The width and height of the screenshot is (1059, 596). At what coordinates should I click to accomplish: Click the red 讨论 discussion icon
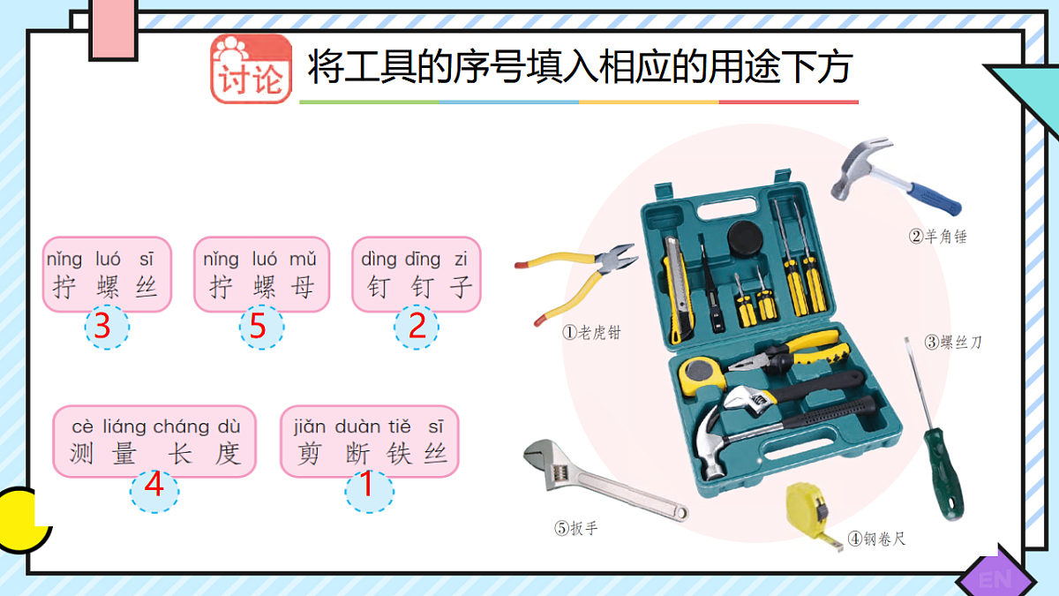pos(251,69)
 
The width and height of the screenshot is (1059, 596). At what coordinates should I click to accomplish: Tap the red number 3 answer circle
pos(106,327)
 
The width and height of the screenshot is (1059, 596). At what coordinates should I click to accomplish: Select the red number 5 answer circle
pos(260,327)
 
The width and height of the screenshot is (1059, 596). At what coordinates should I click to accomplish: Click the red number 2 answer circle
pos(417,327)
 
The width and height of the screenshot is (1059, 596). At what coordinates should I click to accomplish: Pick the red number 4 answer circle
pos(154,486)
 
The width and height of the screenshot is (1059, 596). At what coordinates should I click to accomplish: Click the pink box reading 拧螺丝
pos(107,274)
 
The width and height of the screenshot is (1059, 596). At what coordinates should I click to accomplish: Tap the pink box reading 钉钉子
pos(416,274)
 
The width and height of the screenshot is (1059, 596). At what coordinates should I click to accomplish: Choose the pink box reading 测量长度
pos(154,441)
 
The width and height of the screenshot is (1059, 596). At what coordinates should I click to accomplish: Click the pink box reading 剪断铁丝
pos(369,441)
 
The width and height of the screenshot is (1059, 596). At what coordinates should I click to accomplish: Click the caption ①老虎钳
pos(592,333)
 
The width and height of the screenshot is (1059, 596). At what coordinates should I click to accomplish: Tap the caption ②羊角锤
pos(938,236)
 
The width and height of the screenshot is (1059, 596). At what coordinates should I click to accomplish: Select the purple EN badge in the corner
pos(996,577)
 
